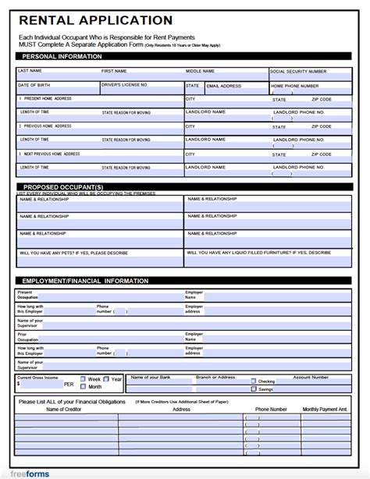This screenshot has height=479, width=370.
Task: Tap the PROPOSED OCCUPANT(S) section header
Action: [62, 187]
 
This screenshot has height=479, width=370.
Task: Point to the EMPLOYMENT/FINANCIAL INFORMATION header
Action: [85, 280]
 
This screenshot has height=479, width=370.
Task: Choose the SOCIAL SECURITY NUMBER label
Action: [298, 71]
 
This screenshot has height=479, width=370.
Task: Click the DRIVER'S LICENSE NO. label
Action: [125, 85]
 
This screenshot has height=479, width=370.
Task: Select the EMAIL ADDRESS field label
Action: [225, 86]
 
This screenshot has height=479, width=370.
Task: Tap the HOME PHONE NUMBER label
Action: [295, 86]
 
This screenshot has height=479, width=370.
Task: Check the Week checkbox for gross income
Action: [82, 379]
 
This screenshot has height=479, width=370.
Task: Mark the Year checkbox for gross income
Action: [107, 379]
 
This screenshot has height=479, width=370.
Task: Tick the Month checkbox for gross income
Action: [82, 387]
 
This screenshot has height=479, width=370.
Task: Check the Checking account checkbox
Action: [254, 382]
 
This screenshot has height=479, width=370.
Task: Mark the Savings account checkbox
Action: [254, 389]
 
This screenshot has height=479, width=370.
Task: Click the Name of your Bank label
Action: [151, 377]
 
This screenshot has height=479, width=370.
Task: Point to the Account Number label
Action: [311, 377]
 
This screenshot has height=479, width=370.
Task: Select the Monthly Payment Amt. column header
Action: [325, 409]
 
